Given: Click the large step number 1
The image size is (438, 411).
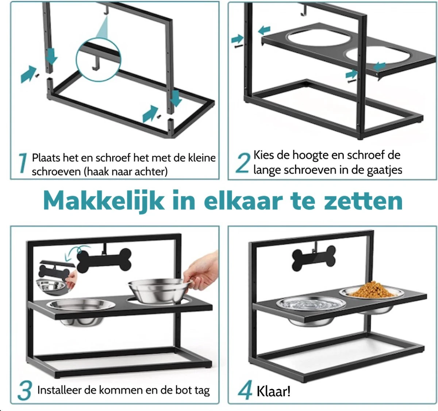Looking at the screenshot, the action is (x=23, y=163).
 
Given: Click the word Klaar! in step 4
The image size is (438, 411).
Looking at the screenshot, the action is (x=273, y=391).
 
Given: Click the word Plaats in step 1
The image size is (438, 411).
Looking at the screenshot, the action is (x=46, y=158).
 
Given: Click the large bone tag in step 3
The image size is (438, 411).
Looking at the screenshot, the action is (x=104, y=260).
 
